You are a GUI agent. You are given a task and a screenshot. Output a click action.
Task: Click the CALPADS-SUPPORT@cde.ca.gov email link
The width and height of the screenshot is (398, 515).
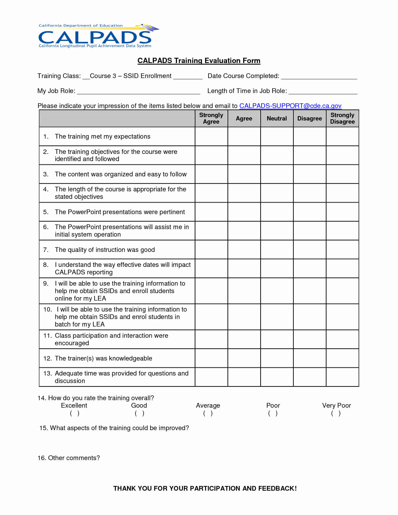pos(290,106)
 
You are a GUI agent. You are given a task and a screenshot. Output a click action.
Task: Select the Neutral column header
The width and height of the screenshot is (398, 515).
pos(277,119)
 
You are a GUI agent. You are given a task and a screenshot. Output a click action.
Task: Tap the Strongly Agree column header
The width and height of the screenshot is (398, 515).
pos(211,119)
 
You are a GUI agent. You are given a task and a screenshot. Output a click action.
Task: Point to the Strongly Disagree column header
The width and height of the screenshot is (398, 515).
pos(342,119)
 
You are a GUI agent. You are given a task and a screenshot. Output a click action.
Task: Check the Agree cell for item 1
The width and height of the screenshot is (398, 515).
pos(244,136)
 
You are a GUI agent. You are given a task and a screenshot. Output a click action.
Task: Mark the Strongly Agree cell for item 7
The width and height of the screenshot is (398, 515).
pos(211,250)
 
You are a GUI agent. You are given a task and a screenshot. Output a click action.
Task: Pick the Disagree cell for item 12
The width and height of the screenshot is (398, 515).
pos(309,358)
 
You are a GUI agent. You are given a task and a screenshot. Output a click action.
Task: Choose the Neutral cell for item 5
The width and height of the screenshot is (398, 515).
pos(277,212)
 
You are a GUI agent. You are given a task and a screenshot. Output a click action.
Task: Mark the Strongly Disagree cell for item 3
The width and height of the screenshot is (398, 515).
pos(342,174)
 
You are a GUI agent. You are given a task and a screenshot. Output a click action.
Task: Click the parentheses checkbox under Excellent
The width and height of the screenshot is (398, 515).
pos(75,414)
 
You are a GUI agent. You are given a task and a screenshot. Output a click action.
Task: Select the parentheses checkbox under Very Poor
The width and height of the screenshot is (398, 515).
pos(336,414)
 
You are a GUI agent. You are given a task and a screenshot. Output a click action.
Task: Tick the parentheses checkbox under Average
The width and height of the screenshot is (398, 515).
pos(208,414)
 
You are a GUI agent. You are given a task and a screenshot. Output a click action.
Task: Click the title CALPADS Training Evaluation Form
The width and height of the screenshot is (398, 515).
pos(199,61)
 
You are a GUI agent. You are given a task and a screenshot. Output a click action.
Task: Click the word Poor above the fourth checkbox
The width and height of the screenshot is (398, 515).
pos(273,405)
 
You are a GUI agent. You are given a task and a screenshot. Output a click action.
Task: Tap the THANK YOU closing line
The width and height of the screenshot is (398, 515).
pos(205,488)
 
